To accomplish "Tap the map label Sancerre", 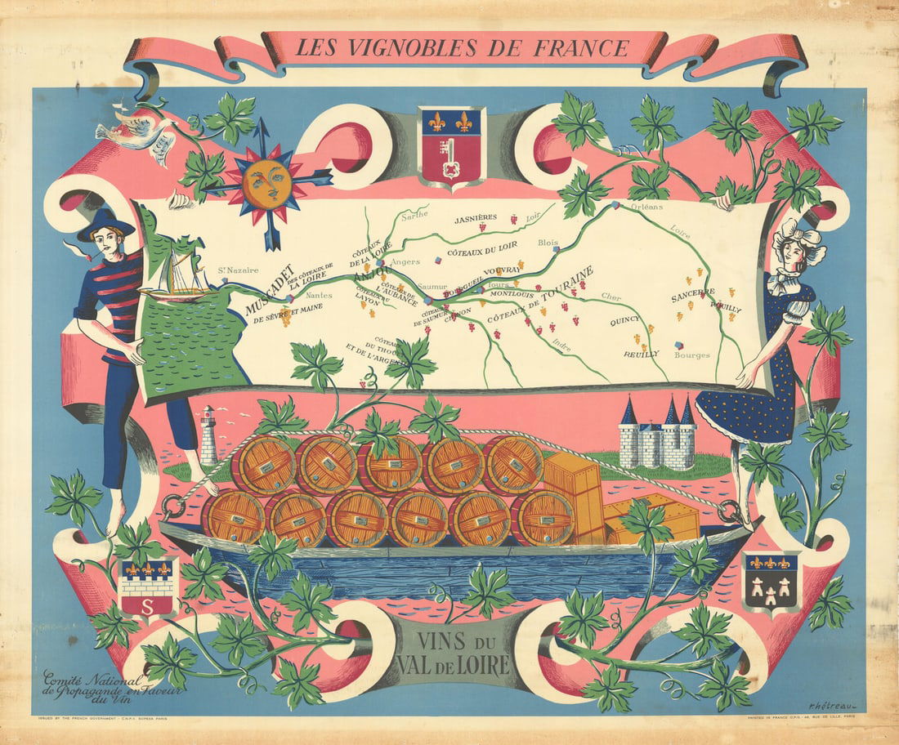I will tap(693, 292).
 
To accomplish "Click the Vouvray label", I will tap(503, 270).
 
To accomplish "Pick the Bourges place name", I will tap(691, 355).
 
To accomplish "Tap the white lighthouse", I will tap(209, 435).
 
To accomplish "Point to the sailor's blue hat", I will tap(106, 224).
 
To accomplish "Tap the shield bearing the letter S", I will tap(147, 587).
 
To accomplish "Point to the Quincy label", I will tap(625, 321).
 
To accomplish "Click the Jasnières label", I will tap(476, 218).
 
